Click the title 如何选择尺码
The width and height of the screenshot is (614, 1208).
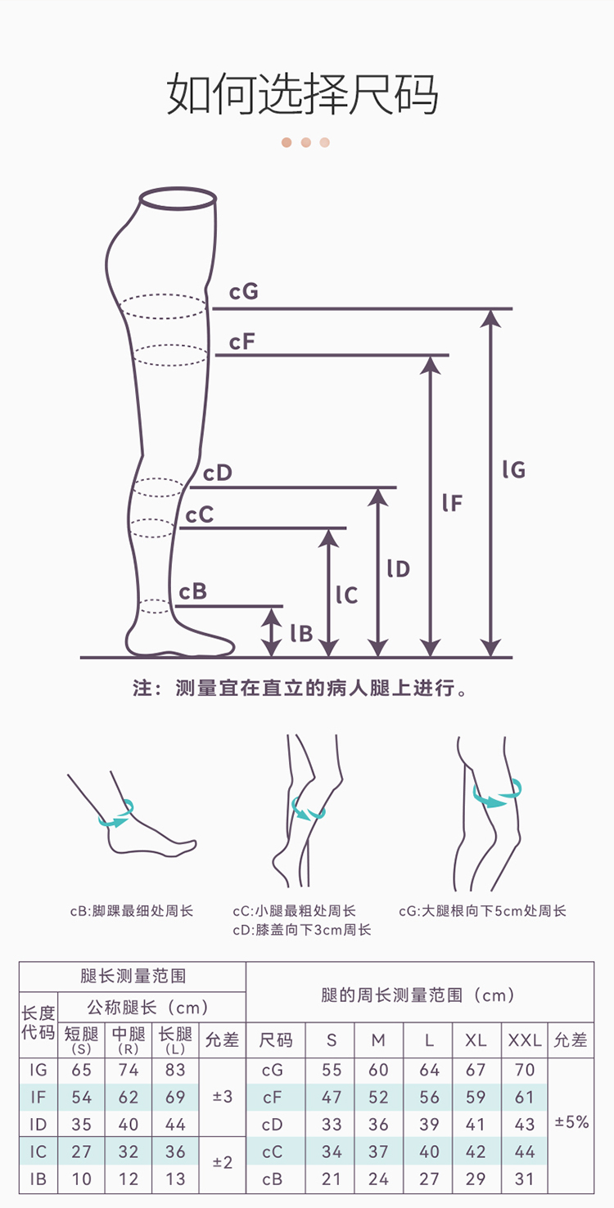[303, 94]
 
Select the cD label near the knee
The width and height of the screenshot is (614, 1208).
[218, 473]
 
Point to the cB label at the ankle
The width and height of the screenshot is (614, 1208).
[193, 591]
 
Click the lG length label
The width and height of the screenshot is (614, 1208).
[514, 469]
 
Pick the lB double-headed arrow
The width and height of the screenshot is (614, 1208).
[271, 631]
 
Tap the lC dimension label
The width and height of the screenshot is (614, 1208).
[347, 595]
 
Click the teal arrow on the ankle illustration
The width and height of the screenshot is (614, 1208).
[116, 815]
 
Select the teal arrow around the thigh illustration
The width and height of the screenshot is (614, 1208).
[496, 797]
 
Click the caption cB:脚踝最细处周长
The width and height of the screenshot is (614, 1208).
[131, 910]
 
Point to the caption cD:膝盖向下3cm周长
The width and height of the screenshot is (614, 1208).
[302, 930]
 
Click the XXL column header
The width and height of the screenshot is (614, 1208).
[525, 1040]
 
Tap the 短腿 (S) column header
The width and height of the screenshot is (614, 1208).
[81, 1040]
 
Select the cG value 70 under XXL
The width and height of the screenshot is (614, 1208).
[525, 1070]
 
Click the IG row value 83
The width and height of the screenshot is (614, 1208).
[175, 1070]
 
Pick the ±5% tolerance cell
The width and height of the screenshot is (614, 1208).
[571, 1122]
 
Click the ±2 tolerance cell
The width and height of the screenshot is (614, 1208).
[223, 1161]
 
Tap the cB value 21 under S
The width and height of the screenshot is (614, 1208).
[332, 1179]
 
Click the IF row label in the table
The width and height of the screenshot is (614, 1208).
[38, 1097]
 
